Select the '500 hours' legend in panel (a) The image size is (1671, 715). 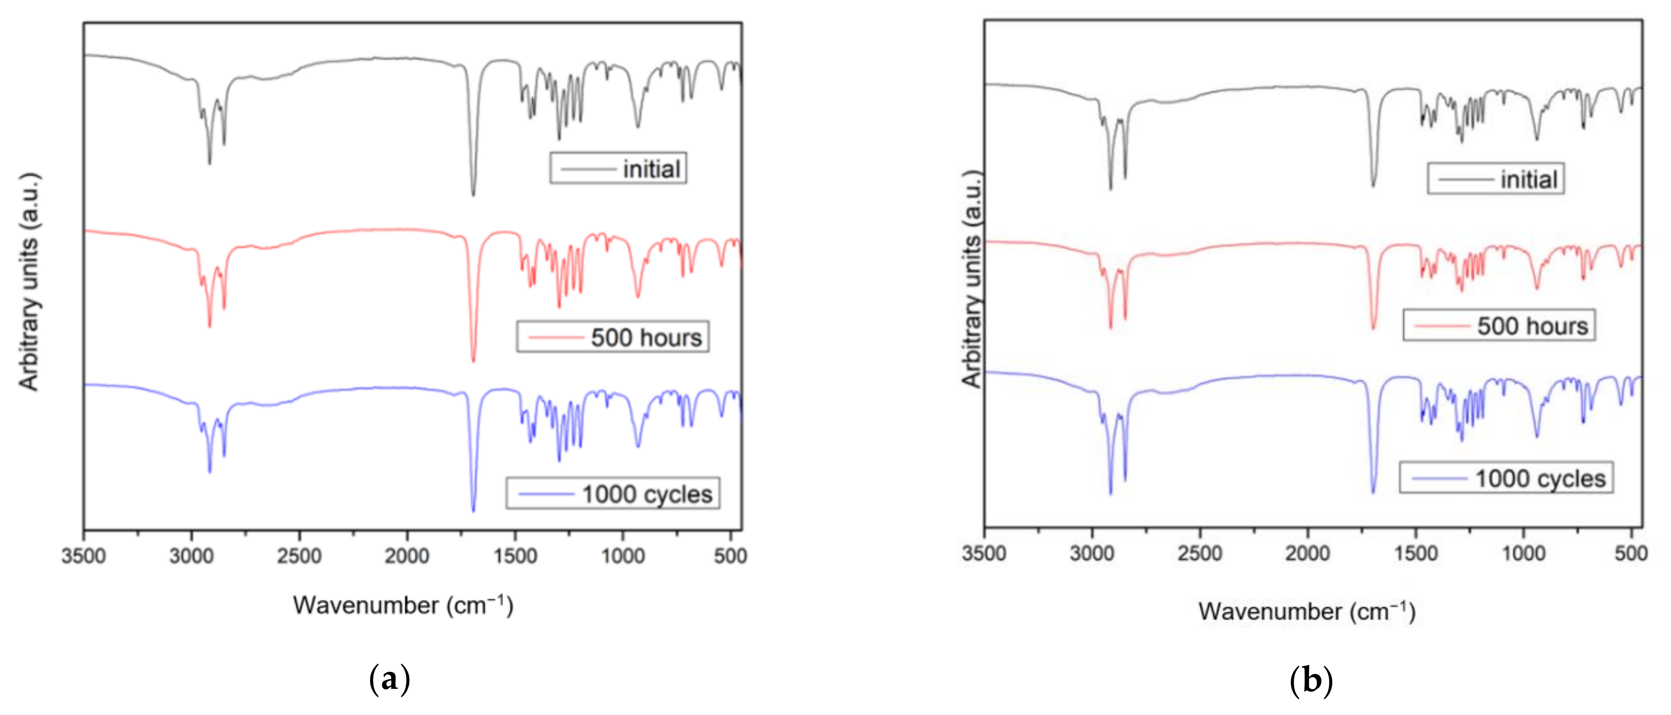pyautogui.click(x=612, y=337)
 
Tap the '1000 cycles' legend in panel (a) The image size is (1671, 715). pyautogui.click(x=612, y=494)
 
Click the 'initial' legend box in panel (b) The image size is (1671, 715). pyautogui.click(x=1495, y=179)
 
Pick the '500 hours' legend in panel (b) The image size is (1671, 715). pyautogui.click(x=1498, y=325)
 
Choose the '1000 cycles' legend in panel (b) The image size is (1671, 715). pyautogui.click(x=1506, y=478)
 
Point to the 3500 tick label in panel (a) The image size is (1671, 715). pyautogui.click(x=83, y=556)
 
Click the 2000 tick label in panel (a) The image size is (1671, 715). pyautogui.click(x=407, y=556)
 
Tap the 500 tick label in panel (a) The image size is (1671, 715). pyautogui.click(x=730, y=556)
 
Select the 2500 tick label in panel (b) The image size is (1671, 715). pyautogui.click(x=1200, y=553)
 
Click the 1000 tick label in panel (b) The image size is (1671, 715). pyautogui.click(x=1524, y=553)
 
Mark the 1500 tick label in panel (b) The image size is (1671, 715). pyautogui.click(x=1416, y=553)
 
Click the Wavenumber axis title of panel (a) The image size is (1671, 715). pyautogui.click(x=403, y=605)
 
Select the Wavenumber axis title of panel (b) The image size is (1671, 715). pyautogui.click(x=1306, y=611)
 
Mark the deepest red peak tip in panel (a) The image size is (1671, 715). pyautogui.click(x=473, y=361)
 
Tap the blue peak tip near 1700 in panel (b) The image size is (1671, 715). pyautogui.click(x=1373, y=493)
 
